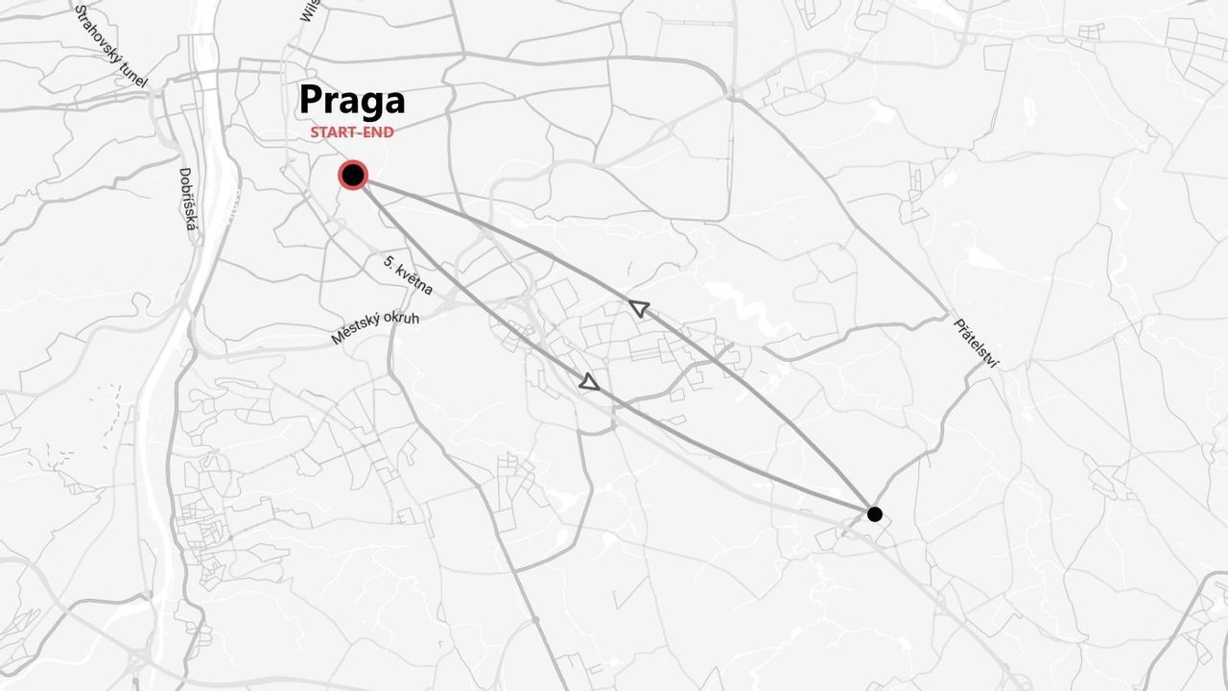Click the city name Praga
(352, 100)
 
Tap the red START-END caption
(352, 132)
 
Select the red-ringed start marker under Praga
(353, 175)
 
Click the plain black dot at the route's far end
(874, 513)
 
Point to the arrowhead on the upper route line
(638, 308)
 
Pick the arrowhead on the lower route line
(589, 382)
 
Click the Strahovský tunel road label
(111, 46)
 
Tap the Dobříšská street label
(188, 200)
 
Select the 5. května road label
(408, 275)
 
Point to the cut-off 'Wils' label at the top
(309, 10)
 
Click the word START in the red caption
(332, 132)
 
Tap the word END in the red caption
(377, 132)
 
